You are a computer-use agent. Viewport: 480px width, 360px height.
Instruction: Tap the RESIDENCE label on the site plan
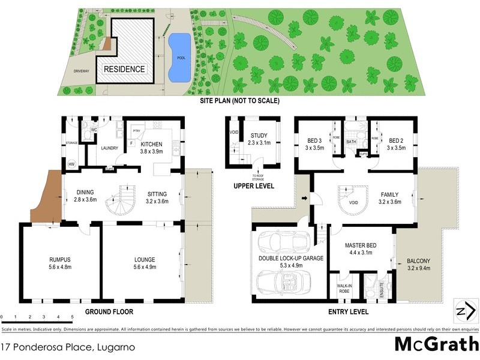point(125,69)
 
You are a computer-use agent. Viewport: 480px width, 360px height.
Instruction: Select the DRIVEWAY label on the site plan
point(81,71)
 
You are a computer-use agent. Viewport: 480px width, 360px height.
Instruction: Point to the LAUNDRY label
point(109,148)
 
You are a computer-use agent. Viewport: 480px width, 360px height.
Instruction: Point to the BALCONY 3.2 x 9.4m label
point(418,264)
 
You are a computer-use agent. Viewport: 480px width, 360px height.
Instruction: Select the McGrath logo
point(436,344)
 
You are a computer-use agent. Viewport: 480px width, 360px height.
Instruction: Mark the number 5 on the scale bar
point(73,316)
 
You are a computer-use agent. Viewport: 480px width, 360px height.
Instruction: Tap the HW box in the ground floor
point(72,164)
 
